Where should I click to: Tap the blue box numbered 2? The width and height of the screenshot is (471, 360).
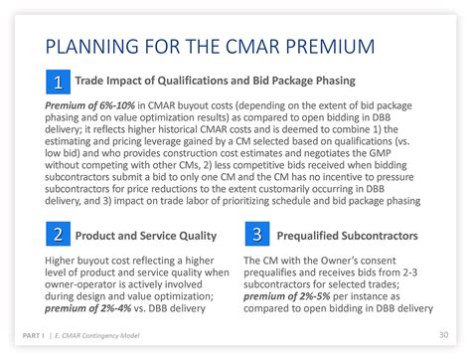[x=58, y=235]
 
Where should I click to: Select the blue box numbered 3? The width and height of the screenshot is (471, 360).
[x=256, y=235]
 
